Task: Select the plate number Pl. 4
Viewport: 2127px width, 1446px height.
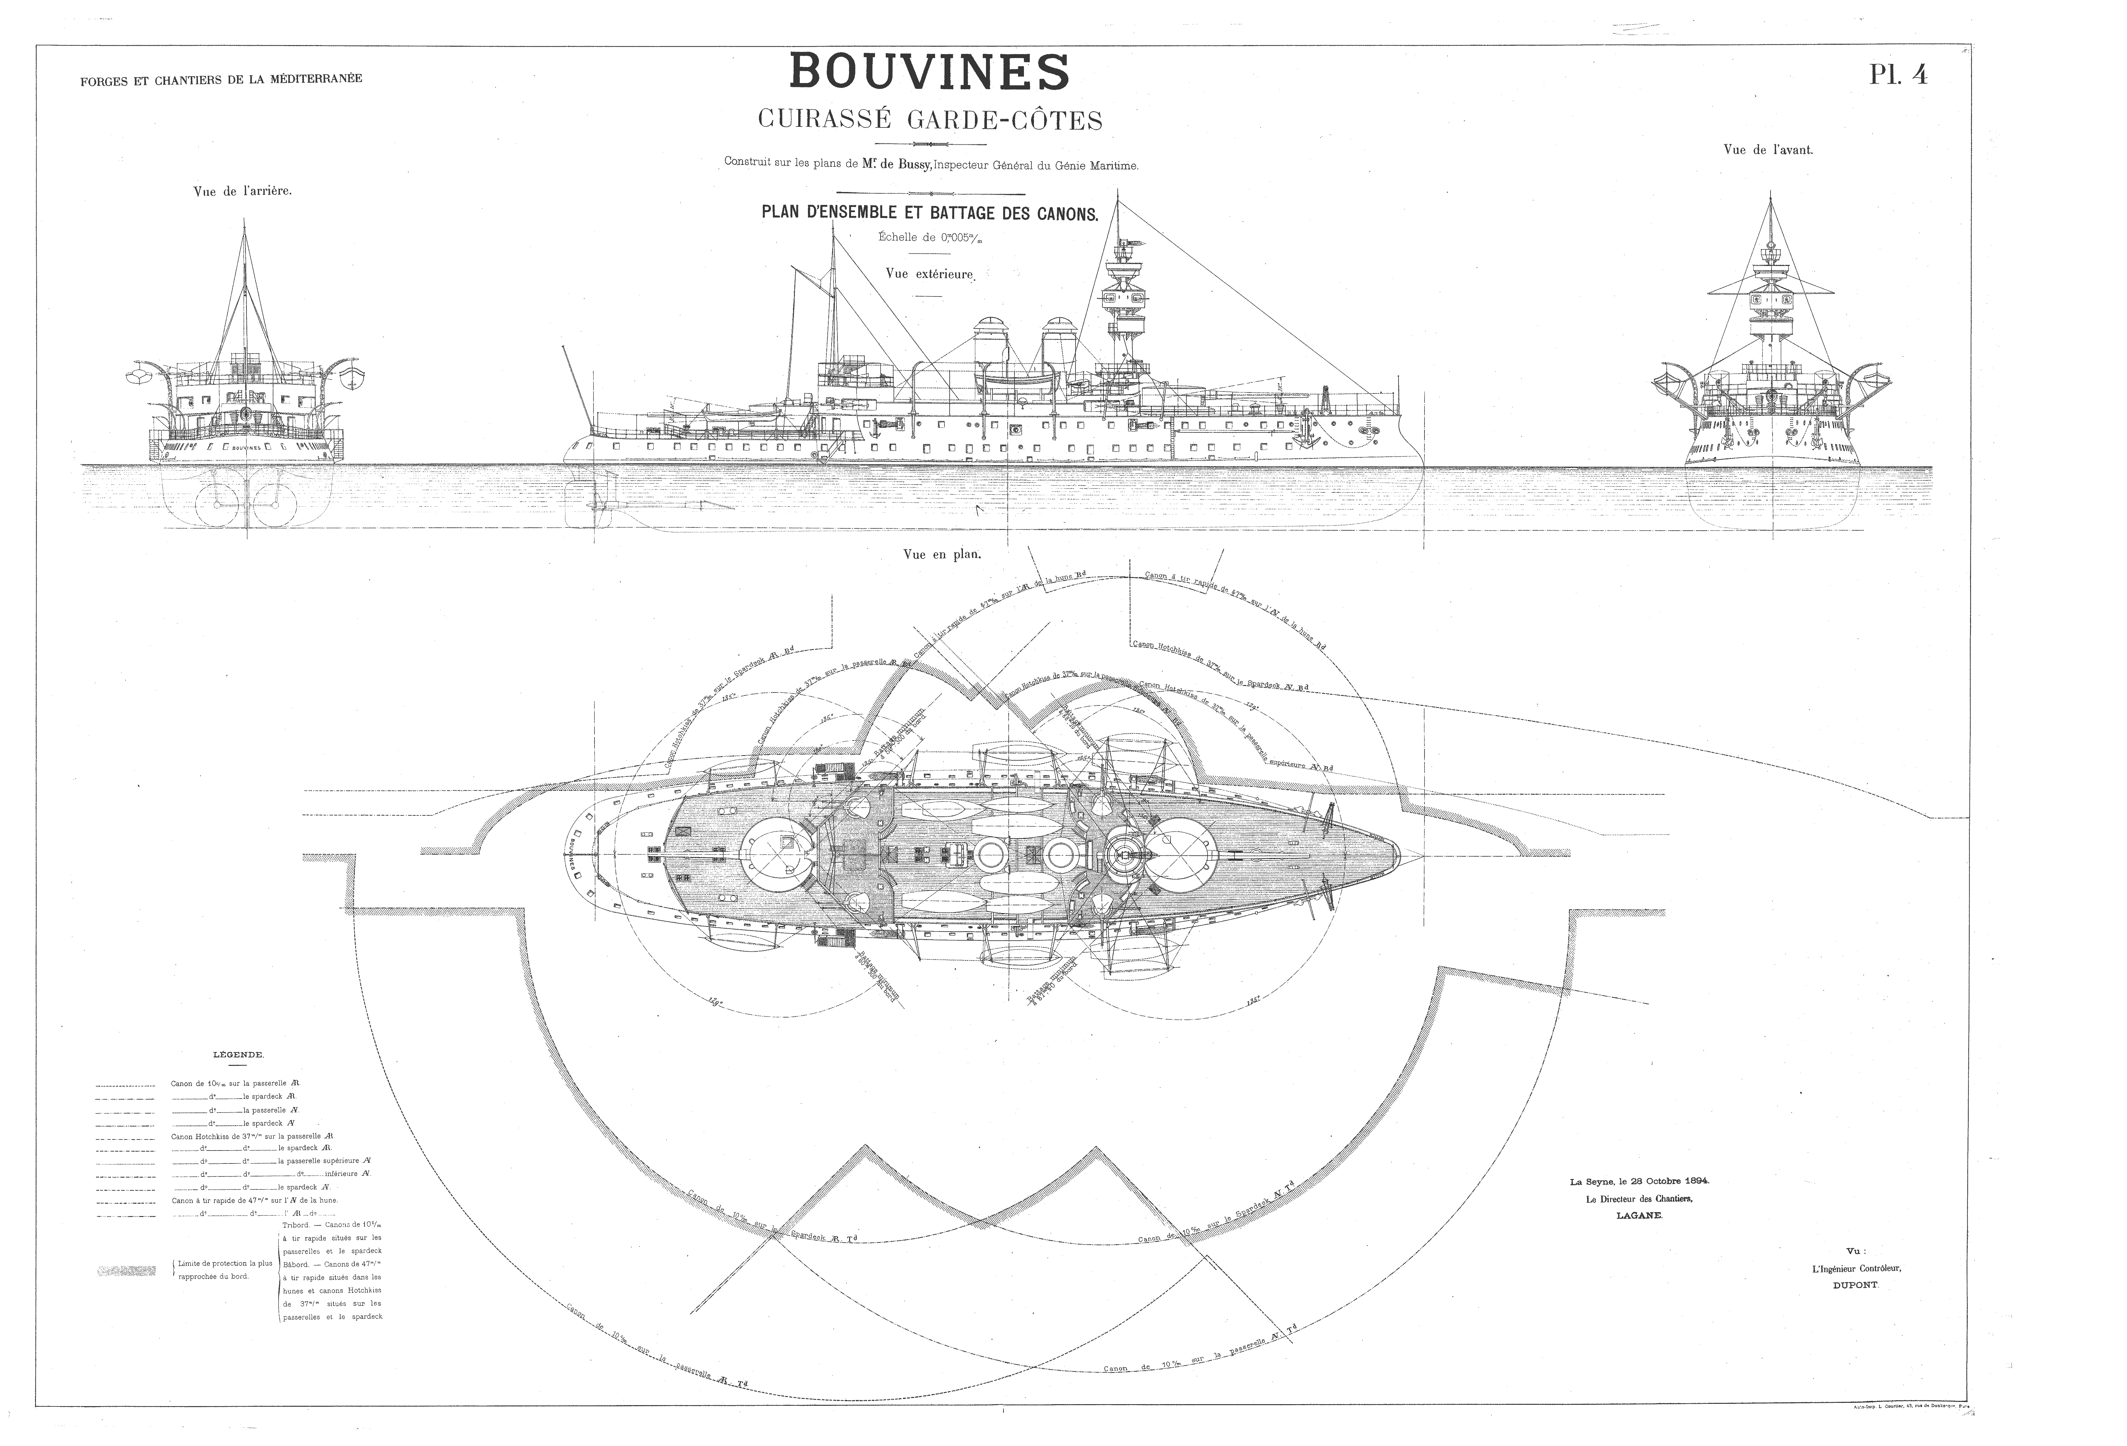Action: [1897, 75]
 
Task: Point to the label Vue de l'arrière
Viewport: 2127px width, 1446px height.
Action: [243, 192]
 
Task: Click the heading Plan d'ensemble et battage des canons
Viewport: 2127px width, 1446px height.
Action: [929, 213]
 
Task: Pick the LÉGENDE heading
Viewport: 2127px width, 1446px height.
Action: [238, 1054]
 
